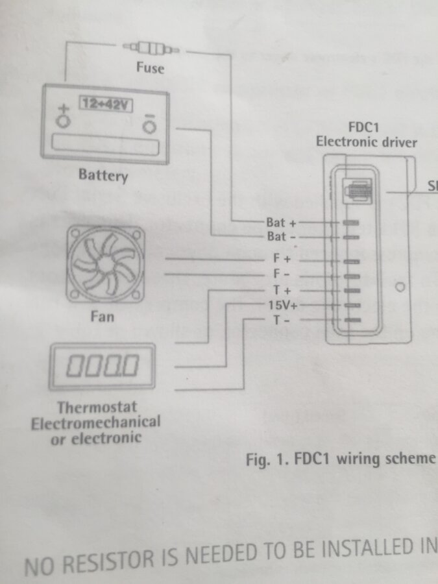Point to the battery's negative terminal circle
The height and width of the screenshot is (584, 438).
click(150, 124)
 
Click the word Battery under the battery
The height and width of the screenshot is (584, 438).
click(103, 175)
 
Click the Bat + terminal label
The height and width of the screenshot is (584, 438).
click(281, 223)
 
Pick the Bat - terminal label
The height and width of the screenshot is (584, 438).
click(281, 237)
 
